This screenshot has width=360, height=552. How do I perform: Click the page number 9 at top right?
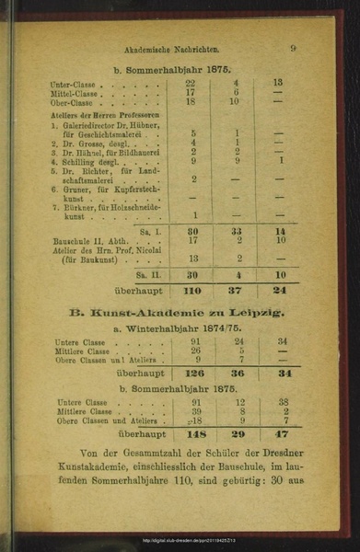[x=292, y=50]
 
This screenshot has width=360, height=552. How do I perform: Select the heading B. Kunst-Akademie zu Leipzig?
[x=176, y=312]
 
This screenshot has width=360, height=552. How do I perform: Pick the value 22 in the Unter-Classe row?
[x=192, y=83]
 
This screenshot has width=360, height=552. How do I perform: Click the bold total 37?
[x=236, y=292]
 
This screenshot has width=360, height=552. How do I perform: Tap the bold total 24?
[x=279, y=292]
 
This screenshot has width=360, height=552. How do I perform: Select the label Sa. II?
[x=150, y=274]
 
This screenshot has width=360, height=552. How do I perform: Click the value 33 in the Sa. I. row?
[x=236, y=231]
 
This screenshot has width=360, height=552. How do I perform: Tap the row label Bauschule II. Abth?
[x=87, y=241]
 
